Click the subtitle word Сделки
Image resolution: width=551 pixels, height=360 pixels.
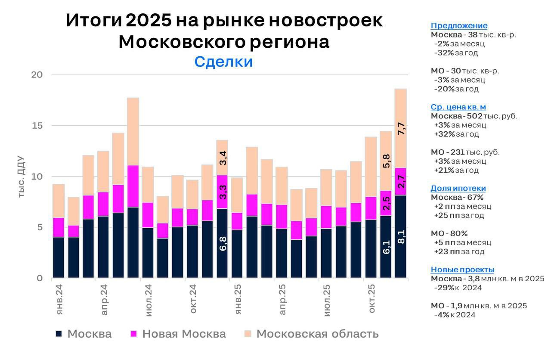coord(223,62)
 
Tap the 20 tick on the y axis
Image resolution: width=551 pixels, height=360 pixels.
coord(37,75)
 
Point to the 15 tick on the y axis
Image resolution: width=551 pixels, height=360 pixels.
coord(37,126)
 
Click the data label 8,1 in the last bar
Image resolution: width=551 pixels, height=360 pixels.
coord(401,237)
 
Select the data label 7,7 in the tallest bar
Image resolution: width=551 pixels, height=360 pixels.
coord(401,129)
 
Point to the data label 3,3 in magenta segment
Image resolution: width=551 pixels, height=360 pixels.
coord(223,190)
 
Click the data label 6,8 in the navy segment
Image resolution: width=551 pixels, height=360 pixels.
coord(223,244)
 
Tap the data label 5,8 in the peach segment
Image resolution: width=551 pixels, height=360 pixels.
coord(386,161)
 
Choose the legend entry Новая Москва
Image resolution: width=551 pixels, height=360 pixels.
coord(184,334)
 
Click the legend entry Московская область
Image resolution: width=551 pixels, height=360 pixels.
coord(317,334)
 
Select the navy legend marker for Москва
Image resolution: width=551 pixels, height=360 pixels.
coord(59,334)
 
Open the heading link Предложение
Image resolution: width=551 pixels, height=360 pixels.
coord(459,25)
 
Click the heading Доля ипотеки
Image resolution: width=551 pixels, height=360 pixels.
coord(458,188)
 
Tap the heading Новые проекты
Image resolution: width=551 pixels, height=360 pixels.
coord(462,270)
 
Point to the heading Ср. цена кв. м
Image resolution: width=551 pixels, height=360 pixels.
coord(458,107)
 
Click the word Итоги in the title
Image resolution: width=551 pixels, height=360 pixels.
coord(93,21)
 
